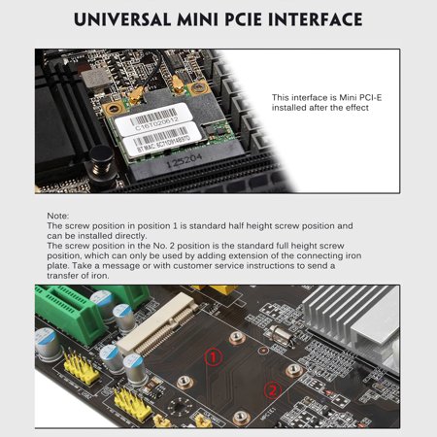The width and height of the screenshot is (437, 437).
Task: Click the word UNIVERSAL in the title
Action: [x=123, y=19]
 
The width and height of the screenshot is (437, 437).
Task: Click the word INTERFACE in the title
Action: [x=311, y=19]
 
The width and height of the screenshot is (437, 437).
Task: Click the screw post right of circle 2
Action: [x=292, y=371]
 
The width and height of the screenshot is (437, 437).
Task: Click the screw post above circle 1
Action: [x=236, y=336]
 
